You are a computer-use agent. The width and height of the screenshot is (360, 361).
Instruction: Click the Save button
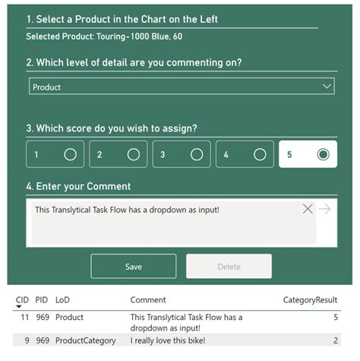[134, 267]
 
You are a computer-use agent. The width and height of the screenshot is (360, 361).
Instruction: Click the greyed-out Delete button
[229, 267]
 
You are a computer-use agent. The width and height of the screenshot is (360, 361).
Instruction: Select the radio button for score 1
[70, 154]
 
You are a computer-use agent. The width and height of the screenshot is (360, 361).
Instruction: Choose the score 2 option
[133, 154]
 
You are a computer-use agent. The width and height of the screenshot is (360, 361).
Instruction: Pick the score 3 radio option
[196, 154]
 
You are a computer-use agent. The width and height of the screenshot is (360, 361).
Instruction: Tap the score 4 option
[259, 154]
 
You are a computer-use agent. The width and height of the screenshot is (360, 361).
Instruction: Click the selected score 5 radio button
[323, 154]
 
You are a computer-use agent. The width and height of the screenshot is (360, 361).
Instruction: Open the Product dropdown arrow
[327, 87]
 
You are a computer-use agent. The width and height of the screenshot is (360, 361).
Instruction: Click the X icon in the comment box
[308, 209]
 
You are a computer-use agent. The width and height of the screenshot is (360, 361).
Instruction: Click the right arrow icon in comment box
[325, 209]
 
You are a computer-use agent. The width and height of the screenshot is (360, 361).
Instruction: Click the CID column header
[22, 300]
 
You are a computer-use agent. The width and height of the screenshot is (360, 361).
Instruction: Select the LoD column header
[62, 300]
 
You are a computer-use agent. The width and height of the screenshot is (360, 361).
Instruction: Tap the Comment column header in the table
[148, 300]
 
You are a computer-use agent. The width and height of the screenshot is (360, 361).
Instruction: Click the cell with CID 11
[24, 317]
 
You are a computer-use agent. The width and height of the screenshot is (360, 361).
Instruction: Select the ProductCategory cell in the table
[86, 340]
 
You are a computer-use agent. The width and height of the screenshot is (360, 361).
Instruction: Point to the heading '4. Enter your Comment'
[78, 186]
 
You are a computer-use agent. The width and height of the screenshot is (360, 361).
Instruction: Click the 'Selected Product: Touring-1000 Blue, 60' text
[104, 36]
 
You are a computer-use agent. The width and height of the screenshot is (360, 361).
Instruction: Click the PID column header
[42, 300]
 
